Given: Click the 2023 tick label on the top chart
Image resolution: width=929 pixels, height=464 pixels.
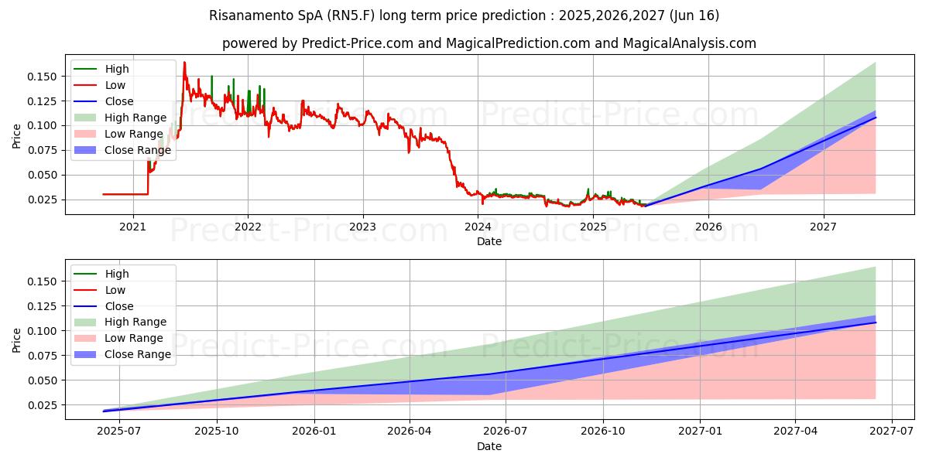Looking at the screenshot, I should click(x=362, y=227).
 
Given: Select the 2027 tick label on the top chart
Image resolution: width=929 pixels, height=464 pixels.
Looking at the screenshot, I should click(x=823, y=227).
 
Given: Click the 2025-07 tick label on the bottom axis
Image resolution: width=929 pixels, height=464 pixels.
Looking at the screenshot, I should click(x=120, y=432).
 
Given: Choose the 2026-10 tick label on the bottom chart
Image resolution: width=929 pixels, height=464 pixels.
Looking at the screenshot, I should click(x=603, y=432).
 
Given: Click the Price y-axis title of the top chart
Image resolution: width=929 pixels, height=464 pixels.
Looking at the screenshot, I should click(x=17, y=136).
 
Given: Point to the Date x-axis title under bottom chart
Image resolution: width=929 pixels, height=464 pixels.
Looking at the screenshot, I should click(x=489, y=446).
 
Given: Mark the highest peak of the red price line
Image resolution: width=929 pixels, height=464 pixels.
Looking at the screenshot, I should click(x=184, y=63).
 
